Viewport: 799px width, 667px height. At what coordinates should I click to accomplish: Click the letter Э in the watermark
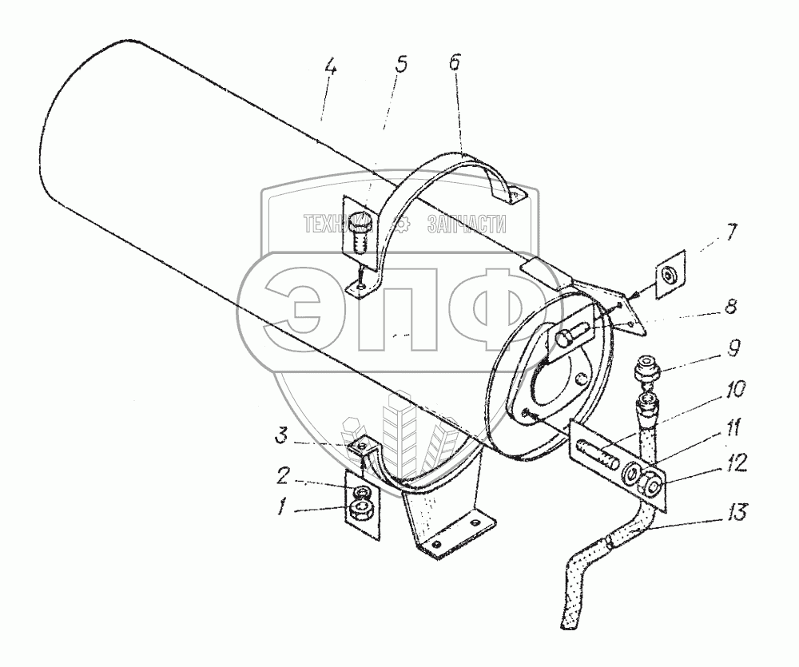[x=296, y=307]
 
